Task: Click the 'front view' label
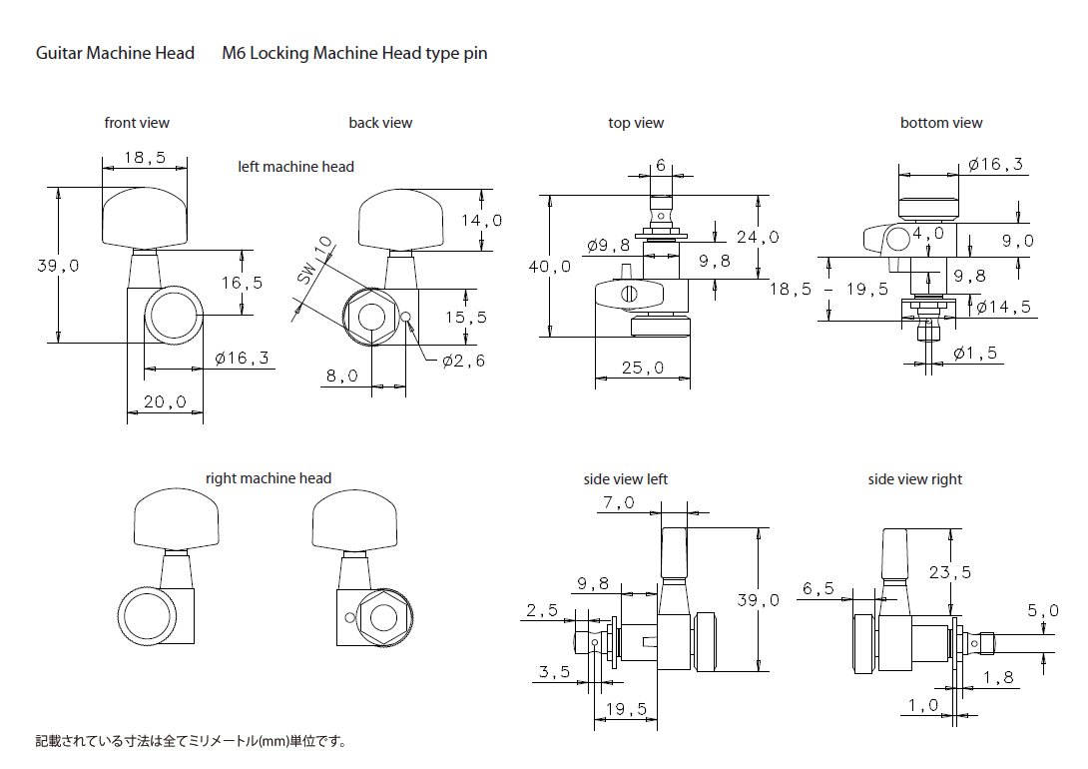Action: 137,123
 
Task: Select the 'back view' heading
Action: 380,123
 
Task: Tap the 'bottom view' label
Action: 941,123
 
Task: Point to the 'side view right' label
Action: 915,479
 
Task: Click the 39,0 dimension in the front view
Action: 58,266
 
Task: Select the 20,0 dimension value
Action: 165,401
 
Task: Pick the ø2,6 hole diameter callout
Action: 463,361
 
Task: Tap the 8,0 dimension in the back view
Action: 341,376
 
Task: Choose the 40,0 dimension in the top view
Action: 550,266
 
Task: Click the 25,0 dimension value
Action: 644,369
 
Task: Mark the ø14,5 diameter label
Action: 1003,307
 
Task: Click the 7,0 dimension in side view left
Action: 618,503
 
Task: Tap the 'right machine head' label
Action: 269,478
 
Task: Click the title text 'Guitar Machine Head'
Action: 115,53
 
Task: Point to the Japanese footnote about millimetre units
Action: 190,742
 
